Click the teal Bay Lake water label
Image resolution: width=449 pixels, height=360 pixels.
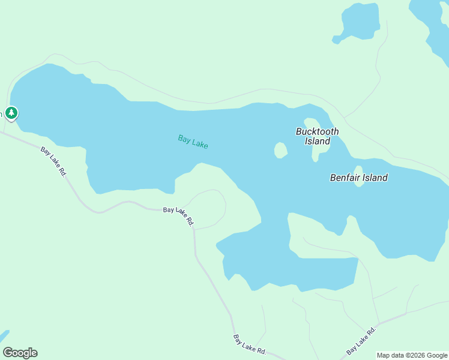click(x=193, y=142)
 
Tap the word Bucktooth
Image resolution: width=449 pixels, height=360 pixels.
click(x=317, y=131)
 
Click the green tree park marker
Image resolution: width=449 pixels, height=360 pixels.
click(x=11, y=113)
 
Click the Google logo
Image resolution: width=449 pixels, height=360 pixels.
click(x=20, y=353)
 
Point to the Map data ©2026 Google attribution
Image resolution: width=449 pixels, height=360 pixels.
click(x=412, y=355)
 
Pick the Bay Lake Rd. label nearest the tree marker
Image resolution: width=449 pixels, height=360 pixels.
click(x=53, y=161)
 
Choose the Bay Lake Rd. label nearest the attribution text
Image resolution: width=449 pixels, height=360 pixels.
click(x=361, y=341)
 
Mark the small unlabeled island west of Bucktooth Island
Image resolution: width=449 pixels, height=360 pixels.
click(x=280, y=150)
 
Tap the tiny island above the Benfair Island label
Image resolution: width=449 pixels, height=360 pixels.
click(x=358, y=170)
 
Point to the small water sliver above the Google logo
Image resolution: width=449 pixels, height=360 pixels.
click(x=4, y=335)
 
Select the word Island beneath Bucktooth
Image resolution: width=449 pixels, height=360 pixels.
click(x=317, y=142)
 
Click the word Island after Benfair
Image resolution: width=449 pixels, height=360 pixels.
click(x=374, y=178)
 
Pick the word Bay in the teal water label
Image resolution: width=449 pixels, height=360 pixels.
click(x=184, y=139)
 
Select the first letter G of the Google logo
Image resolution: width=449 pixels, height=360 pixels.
click(x=7, y=353)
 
